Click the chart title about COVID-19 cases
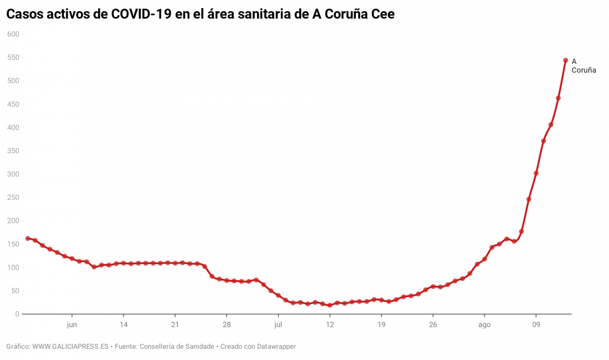(x=200, y=15)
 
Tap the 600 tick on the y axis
(x=13, y=34)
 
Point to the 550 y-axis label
(x=13, y=57)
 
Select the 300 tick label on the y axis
(x=13, y=174)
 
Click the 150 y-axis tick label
(x=13, y=244)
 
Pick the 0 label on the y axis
(x=17, y=314)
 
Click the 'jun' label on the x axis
(x=72, y=324)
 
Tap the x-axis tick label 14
(x=123, y=324)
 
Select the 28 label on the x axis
(x=227, y=324)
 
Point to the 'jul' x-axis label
(x=278, y=324)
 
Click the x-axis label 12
(x=330, y=324)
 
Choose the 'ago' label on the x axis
(x=484, y=324)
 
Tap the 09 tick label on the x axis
(x=536, y=324)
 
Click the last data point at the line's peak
(x=565, y=60)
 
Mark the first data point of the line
(x=27, y=238)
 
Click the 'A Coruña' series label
(x=583, y=66)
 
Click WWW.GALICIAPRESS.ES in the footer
(x=71, y=347)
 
